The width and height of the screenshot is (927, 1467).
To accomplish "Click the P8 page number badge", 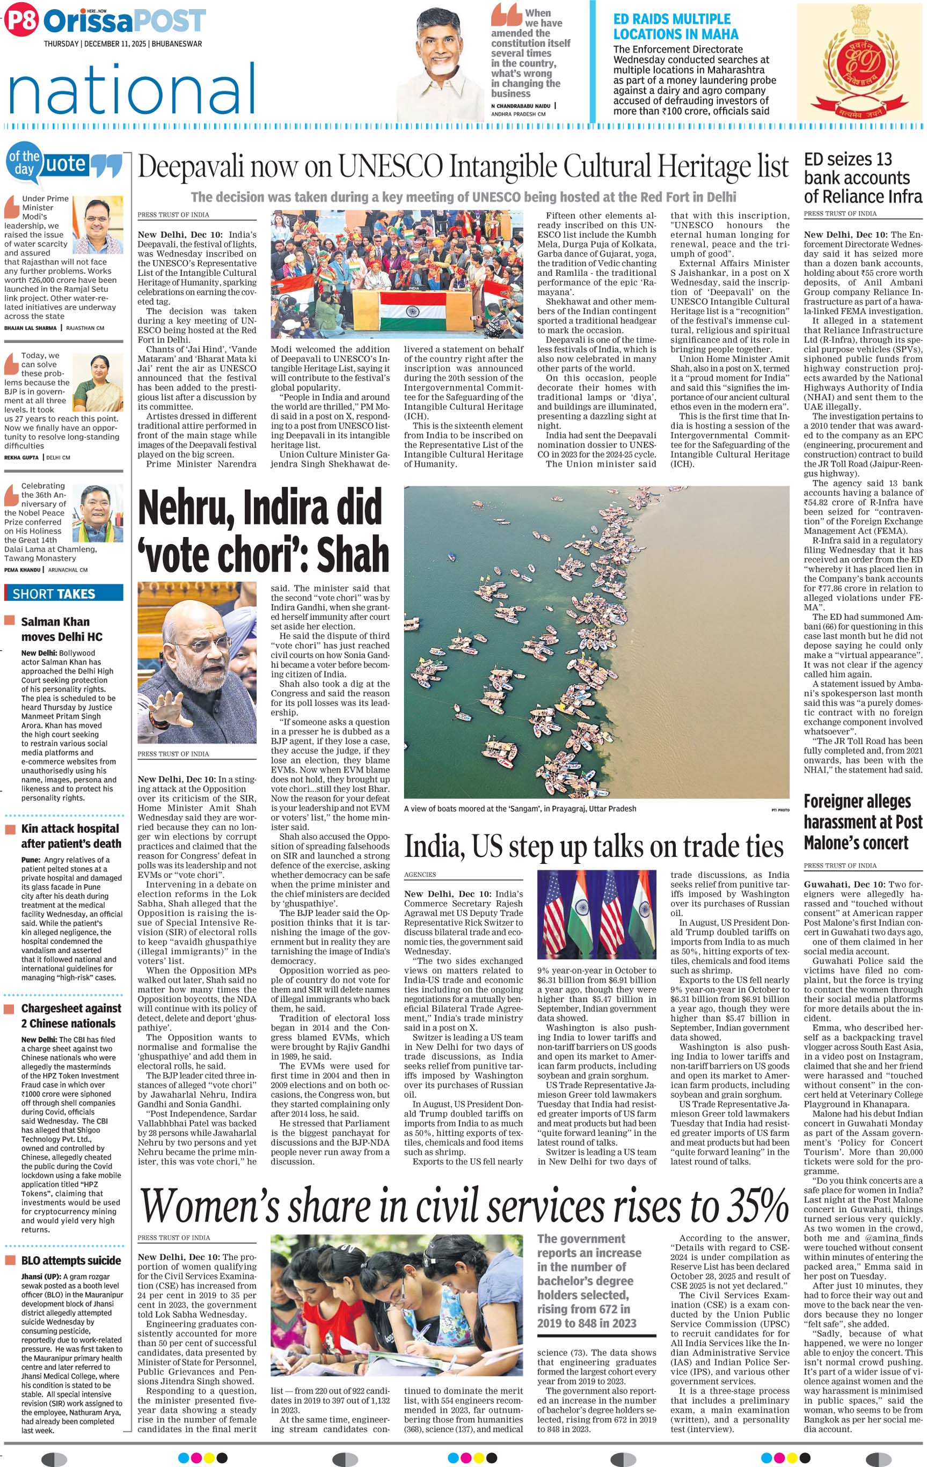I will click(21, 21).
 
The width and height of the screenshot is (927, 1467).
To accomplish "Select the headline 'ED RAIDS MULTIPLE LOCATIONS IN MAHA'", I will click(675, 27).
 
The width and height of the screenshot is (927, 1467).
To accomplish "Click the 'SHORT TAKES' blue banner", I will click(63, 593).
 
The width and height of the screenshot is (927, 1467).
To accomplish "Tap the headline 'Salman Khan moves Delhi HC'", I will click(61, 629).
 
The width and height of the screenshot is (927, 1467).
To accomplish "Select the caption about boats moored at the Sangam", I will click(520, 809).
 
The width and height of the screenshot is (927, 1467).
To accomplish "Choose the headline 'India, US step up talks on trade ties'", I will click(594, 847).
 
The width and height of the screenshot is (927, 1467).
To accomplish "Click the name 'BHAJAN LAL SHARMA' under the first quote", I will click(31, 328).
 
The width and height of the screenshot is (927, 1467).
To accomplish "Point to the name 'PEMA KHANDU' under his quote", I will click(23, 570).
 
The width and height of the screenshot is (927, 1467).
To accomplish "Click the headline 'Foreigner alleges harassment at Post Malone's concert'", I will click(862, 822).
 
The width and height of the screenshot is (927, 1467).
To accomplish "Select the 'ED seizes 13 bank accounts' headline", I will click(862, 177).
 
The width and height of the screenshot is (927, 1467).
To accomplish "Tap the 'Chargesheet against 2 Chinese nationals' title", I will click(71, 1016).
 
